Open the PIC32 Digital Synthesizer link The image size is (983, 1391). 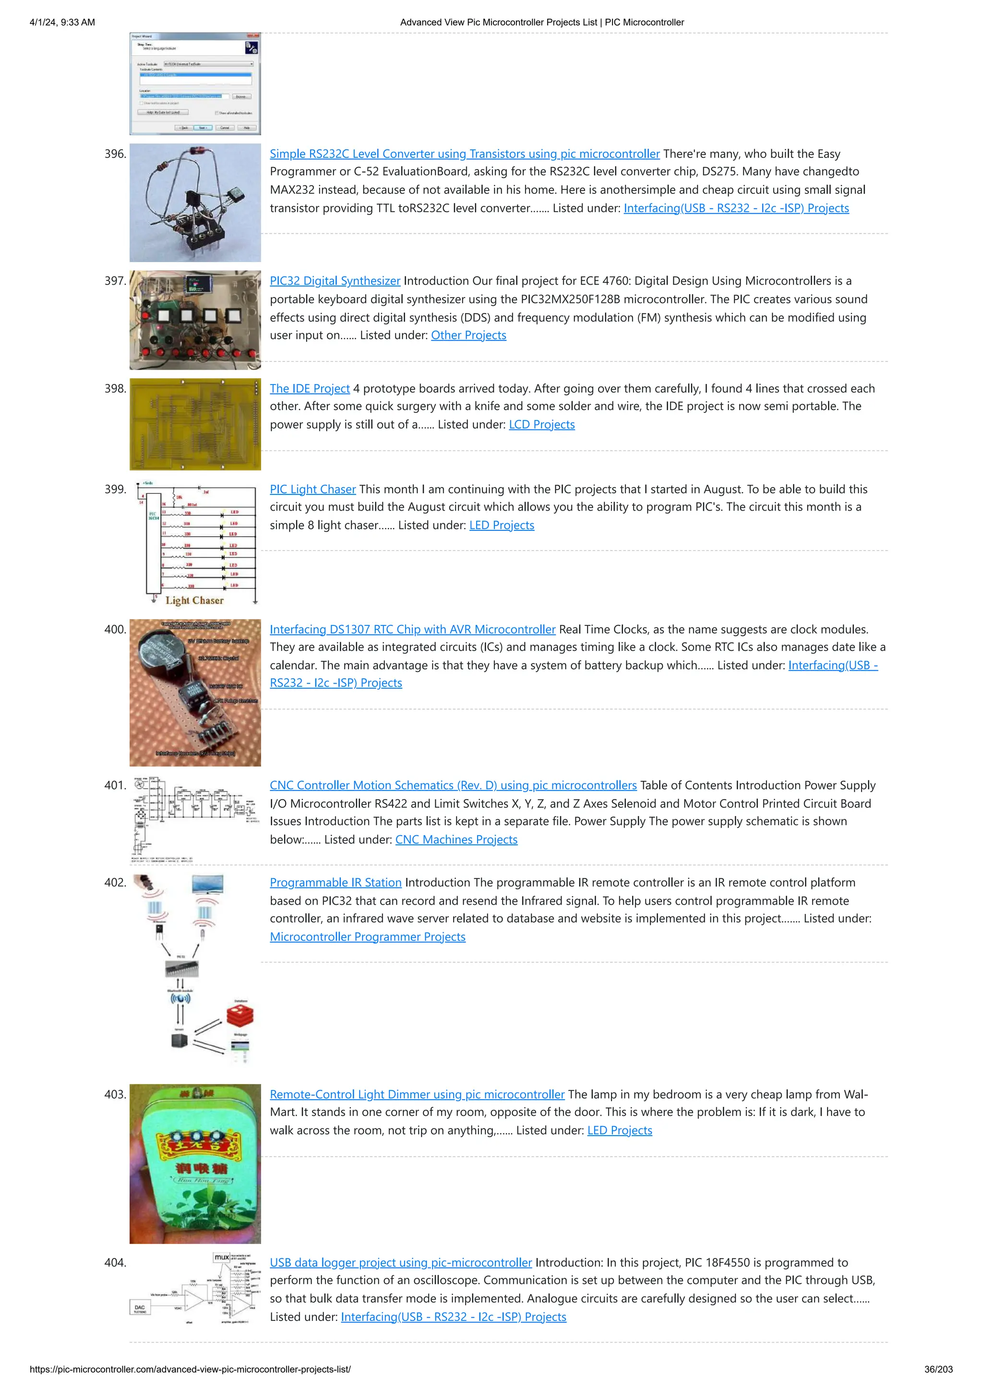tap(335, 281)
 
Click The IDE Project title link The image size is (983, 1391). tap(310, 389)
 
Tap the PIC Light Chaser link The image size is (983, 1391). tap(312, 490)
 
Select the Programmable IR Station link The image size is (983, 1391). tap(336, 883)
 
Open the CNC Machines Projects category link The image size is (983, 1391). tap(456, 839)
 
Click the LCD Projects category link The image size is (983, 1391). tap(541, 425)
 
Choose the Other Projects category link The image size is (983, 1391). tap(468, 336)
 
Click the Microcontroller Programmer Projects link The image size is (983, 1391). tap(368, 937)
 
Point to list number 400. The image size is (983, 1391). tap(115, 629)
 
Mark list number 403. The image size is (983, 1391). tap(115, 1095)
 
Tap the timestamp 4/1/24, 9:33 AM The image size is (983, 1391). tap(62, 23)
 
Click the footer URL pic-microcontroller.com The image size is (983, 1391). tap(190, 1369)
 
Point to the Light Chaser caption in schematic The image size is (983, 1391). tap(194, 600)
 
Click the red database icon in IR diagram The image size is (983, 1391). tap(240, 1016)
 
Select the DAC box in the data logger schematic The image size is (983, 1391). tap(140, 1308)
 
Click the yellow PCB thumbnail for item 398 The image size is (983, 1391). tap(195, 424)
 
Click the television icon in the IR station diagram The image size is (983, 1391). tap(207, 885)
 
